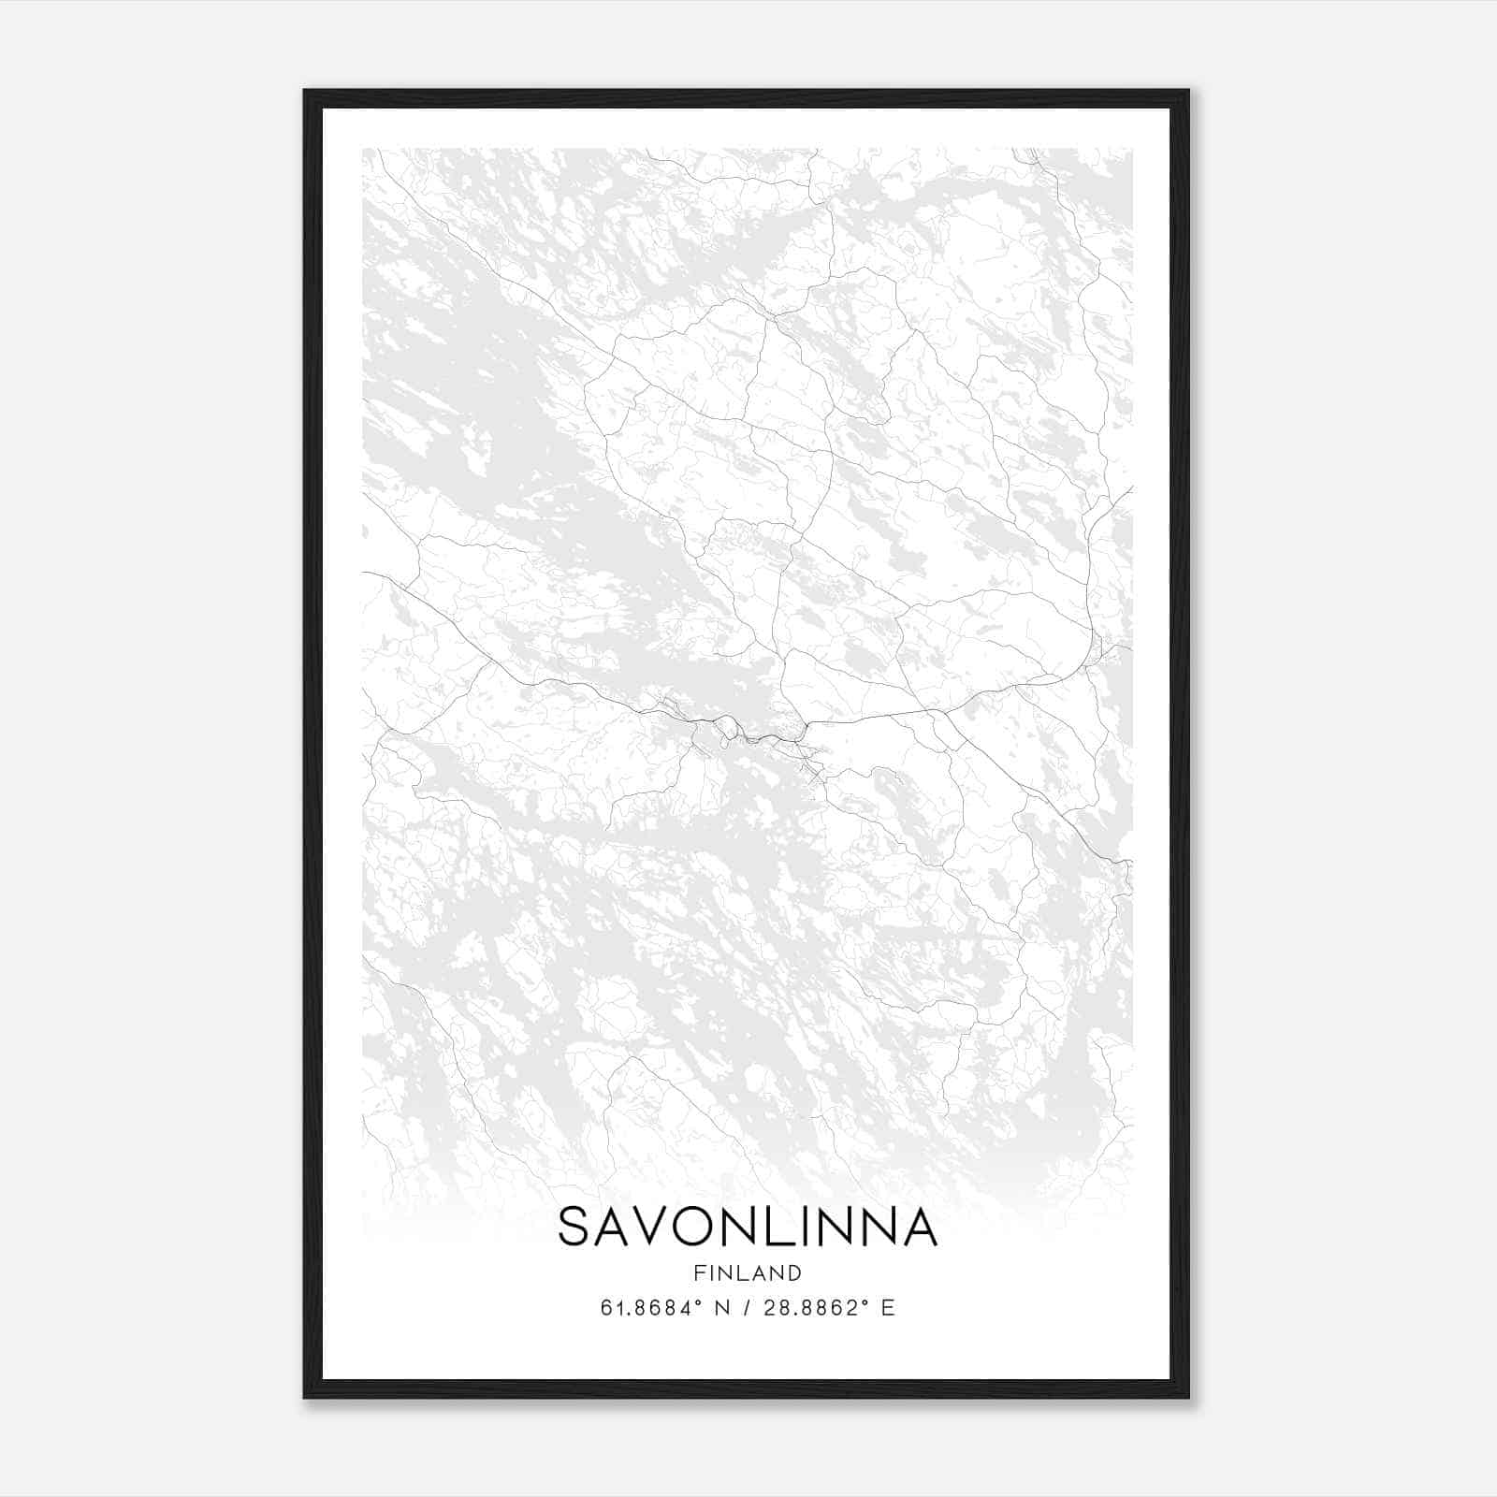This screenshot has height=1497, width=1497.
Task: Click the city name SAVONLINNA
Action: coord(748,1227)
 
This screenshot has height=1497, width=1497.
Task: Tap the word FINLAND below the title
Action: coord(748,1272)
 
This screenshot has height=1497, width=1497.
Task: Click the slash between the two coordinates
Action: coord(746,1308)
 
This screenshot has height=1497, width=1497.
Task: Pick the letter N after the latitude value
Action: coord(721,1308)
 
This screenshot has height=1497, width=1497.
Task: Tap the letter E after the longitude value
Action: coord(888,1308)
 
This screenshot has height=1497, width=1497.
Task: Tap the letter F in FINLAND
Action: coord(700,1272)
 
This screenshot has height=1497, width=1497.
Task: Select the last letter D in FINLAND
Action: coord(794,1272)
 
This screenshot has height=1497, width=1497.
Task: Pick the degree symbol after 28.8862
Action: coord(866,1301)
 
